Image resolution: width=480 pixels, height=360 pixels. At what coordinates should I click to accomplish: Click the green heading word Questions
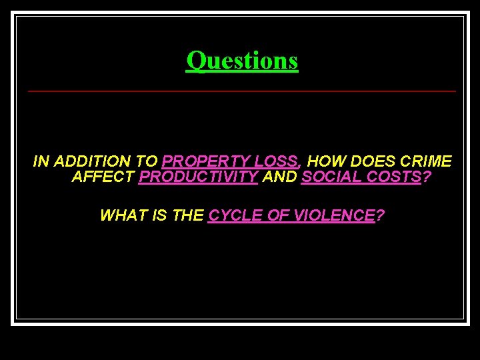pyautogui.click(x=242, y=61)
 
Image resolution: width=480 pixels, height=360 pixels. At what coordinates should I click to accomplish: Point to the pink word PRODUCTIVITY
pyautogui.click(x=198, y=177)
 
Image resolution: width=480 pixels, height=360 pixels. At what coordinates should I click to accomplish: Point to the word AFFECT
pyautogui.click(x=103, y=177)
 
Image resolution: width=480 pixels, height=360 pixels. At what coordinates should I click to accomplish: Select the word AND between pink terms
pyautogui.click(x=279, y=177)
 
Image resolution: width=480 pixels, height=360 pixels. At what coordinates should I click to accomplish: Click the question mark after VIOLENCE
pyautogui.click(x=380, y=215)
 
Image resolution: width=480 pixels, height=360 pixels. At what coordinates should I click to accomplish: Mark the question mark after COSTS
pyautogui.click(x=427, y=177)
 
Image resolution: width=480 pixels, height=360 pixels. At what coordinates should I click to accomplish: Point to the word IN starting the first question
pyautogui.click(x=41, y=161)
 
